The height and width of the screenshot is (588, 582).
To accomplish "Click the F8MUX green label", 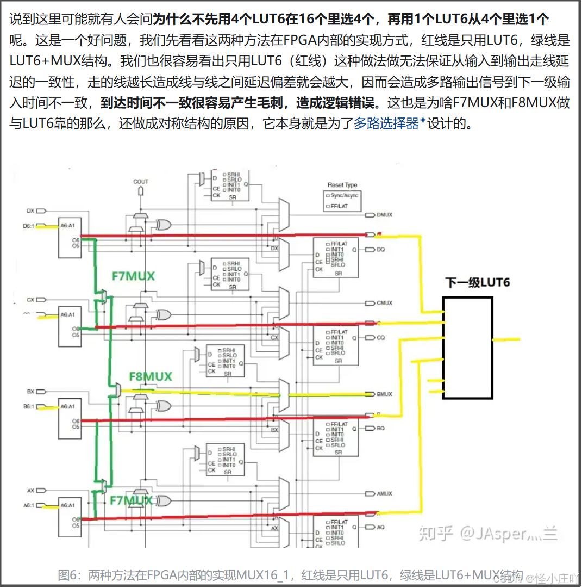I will click(151, 376).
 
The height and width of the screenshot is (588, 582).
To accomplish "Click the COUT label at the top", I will click(141, 182).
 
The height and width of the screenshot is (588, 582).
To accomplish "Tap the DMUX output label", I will click(384, 215).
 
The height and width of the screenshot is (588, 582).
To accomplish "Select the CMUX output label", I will click(384, 303).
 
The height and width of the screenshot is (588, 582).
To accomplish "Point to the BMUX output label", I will click(384, 394).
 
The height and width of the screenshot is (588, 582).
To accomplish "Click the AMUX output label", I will click(384, 494).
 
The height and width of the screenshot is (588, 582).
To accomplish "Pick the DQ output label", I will click(380, 250).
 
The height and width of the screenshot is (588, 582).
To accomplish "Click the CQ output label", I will click(380, 338).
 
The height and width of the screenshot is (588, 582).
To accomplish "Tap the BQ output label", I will click(380, 429).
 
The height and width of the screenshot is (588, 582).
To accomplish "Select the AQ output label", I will click(380, 527).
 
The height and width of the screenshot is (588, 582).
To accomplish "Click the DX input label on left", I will click(30, 211).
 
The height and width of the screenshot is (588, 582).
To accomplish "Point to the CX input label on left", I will click(30, 300).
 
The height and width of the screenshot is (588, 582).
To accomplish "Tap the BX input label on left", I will click(30, 392).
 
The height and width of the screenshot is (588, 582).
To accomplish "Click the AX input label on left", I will click(30, 491).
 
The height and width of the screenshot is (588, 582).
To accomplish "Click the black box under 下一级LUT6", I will click(467, 348).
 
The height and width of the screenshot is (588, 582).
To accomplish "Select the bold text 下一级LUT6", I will click(478, 283).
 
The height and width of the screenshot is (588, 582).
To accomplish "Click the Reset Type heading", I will click(342, 185).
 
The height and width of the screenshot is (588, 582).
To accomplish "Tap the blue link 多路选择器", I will click(386, 123).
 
